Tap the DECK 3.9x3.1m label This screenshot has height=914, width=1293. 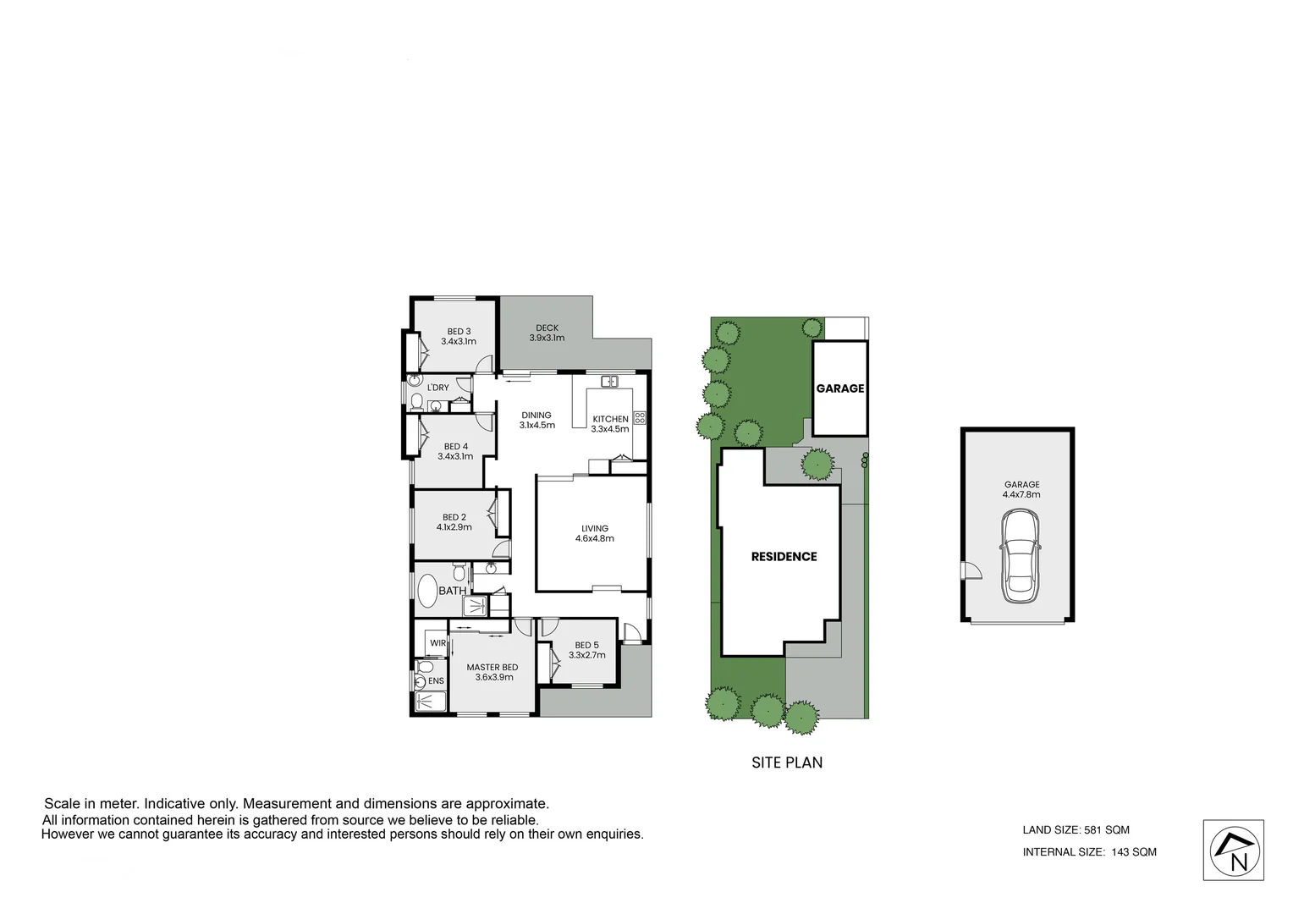click(x=547, y=333)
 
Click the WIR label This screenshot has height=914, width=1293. click(x=437, y=643)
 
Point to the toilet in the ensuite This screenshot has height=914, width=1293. click(x=421, y=680)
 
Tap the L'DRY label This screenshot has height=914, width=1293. click(x=438, y=388)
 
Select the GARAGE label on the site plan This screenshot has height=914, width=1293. click(x=840, y=388)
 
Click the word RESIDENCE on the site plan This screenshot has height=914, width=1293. click(x=784, y=556)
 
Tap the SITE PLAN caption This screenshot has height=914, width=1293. click(x=787, y=763)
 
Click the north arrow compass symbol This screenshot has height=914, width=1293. click(x=1234, y=851)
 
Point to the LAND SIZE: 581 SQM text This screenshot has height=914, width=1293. click(x=1076, y=830)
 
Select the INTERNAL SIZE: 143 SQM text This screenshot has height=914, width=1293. click(x=1090, y=852)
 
